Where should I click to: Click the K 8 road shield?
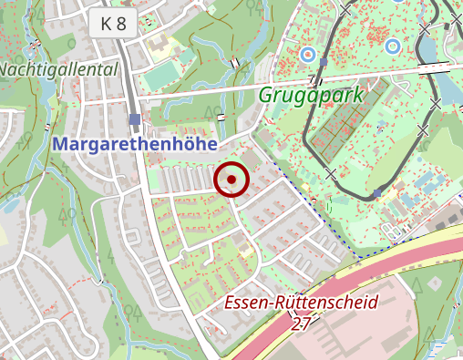coord(114,25)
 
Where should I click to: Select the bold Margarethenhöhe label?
coord(134,144)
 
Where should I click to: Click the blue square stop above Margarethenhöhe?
coord(135,119)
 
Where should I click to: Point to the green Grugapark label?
coord(311,95)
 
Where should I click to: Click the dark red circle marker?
coord(231,180)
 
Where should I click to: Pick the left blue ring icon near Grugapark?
coord(307,54)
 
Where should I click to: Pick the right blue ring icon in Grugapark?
coord(392,46)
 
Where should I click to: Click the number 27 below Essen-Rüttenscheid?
coord(303,322)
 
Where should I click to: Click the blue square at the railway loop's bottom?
coord(377,193)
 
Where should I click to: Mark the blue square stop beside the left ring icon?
coord(323,62)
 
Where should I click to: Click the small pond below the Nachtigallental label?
coord(11,204)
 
